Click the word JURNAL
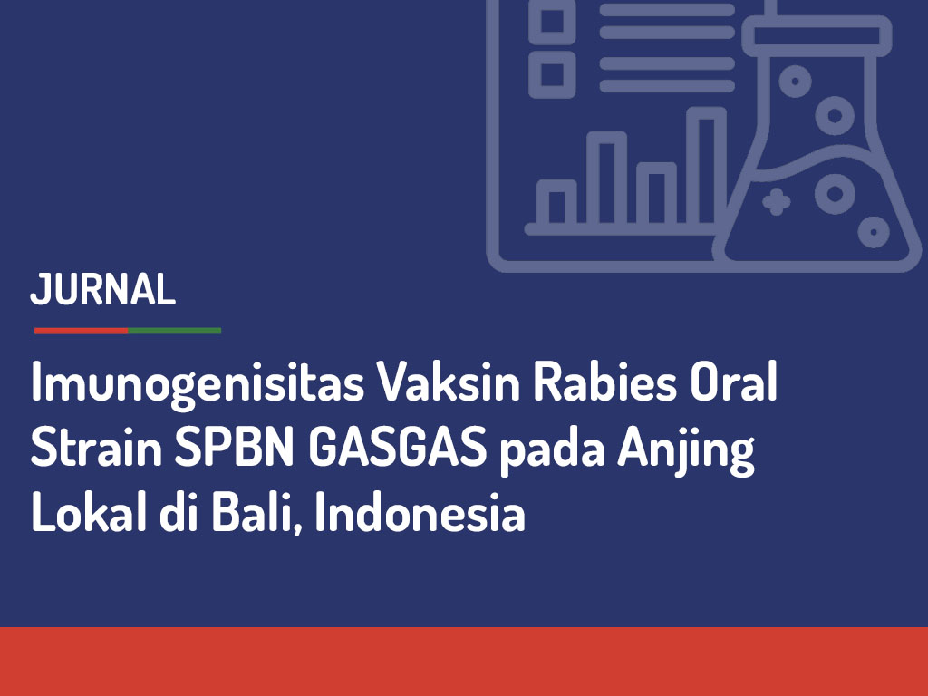click(103, 289)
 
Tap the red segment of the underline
click(81, 331)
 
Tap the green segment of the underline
click(175, 331)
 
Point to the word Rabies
click(604, 382)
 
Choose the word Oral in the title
click(733, 382)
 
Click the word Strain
click(96, 447)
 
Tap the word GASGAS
click(398, 447)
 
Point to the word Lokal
click(89, 512)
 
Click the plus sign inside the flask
click(776, 202)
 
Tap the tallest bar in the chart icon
click(706, 167)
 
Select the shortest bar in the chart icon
click(556, 203)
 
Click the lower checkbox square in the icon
click(552, 74)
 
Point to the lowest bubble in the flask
click(874, 231)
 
